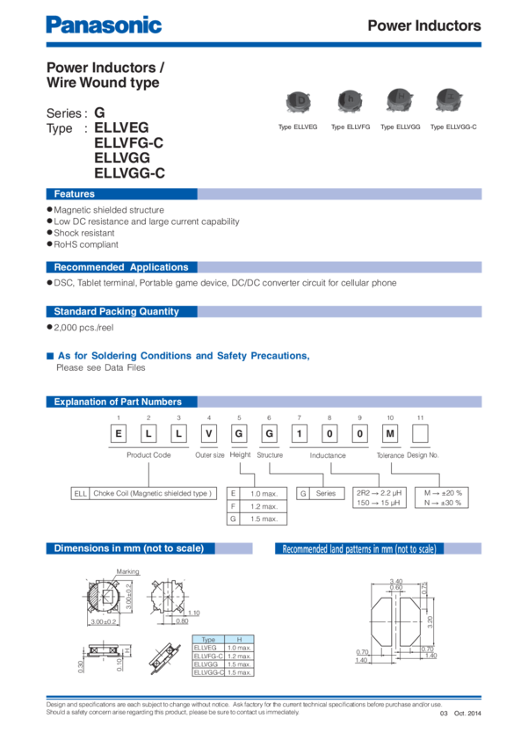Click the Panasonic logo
pos(104,25)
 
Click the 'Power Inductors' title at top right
pos(423,25)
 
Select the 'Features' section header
pos(75,194)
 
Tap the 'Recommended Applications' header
pos(121,267)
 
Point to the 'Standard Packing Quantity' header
pos(116,311)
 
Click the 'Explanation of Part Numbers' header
pos(118,402)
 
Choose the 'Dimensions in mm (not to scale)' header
pos(128,548)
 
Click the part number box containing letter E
pos(117,433)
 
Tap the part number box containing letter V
pos(208,433)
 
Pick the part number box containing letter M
pos(391,433)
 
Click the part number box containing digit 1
pos(300,433)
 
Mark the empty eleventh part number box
pos(421,433)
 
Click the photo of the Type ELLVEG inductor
pos(298,103)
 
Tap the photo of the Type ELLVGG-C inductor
pos(452,103)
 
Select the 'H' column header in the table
pos(239,639)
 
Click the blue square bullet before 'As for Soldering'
pos(49,356)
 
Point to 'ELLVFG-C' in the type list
pos(128,142)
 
